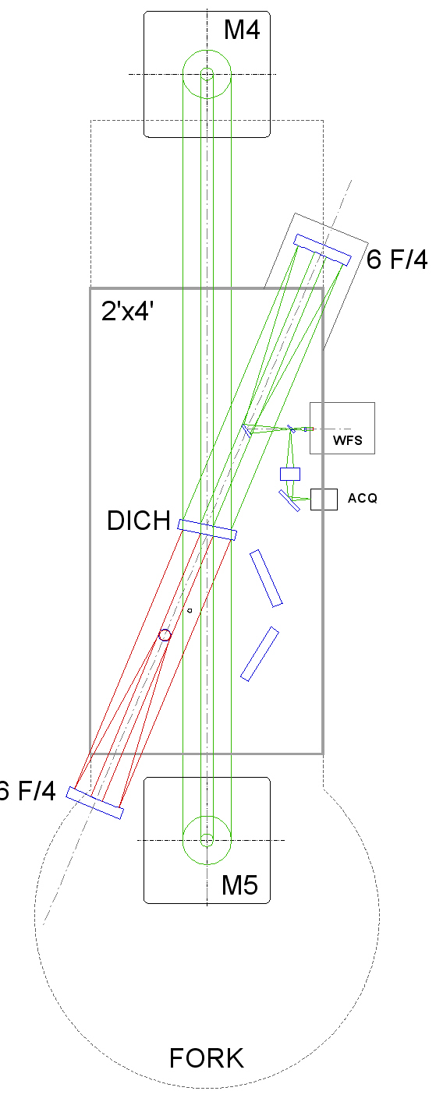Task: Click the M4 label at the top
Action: (242, 30)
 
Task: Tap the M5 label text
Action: (239, 885)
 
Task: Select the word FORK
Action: (207, 1058)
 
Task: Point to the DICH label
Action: (139, 521)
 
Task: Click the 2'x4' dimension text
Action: (127, 311)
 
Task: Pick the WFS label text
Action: (348, 440)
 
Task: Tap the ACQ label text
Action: (363, 498)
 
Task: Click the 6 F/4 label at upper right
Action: (397, 259)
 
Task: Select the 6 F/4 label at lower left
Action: (27, 791)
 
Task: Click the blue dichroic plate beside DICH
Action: (207, 530)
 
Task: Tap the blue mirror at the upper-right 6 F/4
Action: (322, 250)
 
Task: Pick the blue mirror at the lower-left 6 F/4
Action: (94, 803)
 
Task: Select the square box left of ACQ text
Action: (324, 500)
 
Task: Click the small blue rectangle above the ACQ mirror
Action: (290, 474)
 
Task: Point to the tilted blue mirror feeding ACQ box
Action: (289, 500)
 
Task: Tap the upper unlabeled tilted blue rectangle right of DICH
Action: (266, 578)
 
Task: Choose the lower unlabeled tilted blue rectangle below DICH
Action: (260, 654)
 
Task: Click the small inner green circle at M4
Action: (207, 74)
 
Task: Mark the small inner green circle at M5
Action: (207, 840)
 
